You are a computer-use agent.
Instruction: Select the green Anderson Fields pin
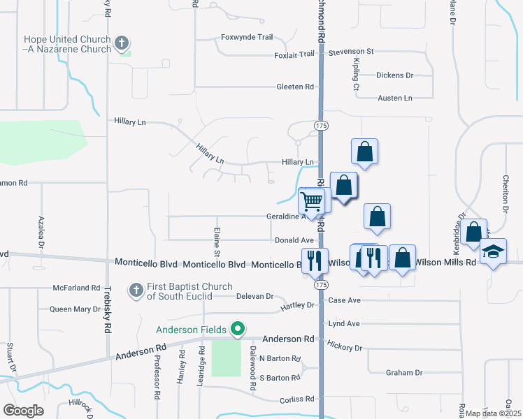238,328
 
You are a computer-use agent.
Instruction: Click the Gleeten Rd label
295,87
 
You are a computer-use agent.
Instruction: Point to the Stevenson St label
352,52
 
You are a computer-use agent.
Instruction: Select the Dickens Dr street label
395,75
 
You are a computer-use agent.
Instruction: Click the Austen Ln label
395,98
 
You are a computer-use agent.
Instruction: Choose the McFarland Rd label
77,288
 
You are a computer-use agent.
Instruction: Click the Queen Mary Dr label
75,309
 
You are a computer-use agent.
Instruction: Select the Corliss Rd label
296,399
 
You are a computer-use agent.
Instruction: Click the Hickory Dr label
344,347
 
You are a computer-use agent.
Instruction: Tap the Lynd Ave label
343,324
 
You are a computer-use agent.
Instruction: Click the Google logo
23,410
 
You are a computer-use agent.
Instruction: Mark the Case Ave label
343,300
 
